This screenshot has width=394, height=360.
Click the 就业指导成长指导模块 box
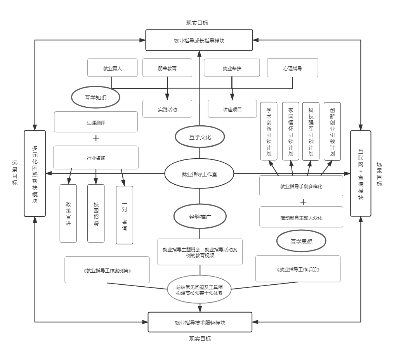[199, 40]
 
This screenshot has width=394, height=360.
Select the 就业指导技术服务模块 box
[200, 322]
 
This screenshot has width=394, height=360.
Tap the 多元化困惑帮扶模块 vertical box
[35, 173]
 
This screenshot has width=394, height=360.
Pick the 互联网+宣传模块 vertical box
[361, 173]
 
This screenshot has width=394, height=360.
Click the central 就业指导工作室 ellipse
[199, 174]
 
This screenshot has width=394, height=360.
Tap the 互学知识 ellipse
[95, 97]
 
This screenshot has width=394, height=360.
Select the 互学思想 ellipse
[301, 241]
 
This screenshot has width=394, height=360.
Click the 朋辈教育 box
[167, 68]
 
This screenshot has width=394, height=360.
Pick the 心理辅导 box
[292, 68]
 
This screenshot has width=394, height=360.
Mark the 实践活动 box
[167, 109]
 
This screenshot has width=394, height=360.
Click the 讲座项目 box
[232, 109]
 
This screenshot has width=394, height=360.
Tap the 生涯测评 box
[96, 122]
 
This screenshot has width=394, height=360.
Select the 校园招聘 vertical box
[96, 213]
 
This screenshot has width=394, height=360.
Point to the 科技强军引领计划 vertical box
[311, 131]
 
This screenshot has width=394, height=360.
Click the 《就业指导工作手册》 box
[298, 269]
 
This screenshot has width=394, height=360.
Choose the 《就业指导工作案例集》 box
[107, 270]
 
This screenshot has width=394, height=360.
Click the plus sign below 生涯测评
[95, 138]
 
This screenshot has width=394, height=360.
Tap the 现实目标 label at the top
[197, 23]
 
